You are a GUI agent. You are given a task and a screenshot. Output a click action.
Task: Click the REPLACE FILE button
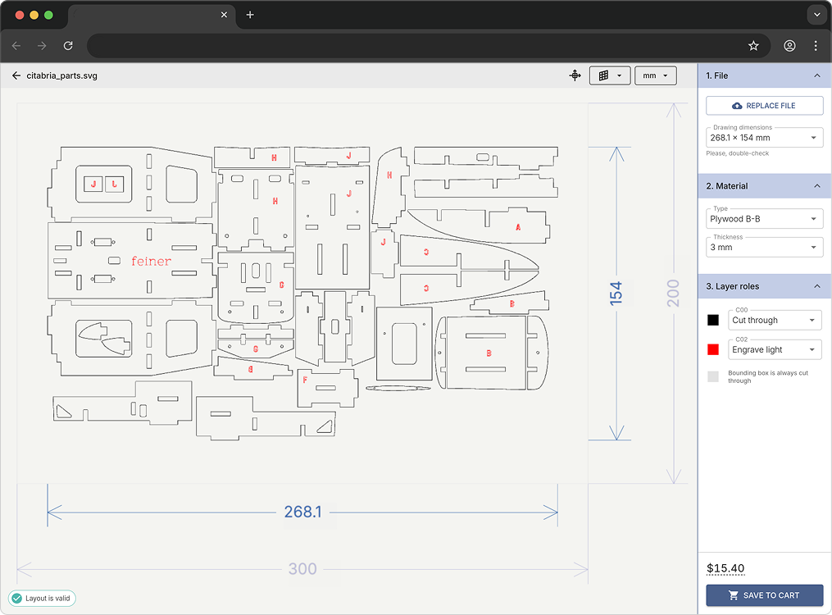(x=764, y=106)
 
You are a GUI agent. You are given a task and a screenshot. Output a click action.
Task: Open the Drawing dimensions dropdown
(x=764, y=138)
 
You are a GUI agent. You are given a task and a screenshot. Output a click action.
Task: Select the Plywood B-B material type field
(x=764, y=219)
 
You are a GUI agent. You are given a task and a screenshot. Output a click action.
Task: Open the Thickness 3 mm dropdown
(x=764, y=247)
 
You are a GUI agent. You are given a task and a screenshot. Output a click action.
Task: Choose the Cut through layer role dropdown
(x=775, y=321)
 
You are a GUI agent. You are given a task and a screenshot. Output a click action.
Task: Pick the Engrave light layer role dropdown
(x=775, y=350)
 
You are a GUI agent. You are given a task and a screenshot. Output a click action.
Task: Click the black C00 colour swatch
(x=713, y=321)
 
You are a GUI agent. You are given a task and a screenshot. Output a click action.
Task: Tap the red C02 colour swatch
(x=713, y=350)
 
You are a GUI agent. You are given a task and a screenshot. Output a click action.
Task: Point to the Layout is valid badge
(x=42, y=599)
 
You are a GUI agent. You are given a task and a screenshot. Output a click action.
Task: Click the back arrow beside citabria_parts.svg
(x=16, y=75)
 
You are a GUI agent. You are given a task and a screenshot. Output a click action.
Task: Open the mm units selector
(x=655, y=75)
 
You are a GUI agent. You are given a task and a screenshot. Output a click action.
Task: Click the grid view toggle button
(x=609, y=75)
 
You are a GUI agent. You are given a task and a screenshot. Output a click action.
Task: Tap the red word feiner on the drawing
(x=152, y=262)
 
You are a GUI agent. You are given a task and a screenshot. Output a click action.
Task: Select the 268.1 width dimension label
(x=302, y=512)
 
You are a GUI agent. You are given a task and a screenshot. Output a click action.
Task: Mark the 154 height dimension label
(x=616, y=294)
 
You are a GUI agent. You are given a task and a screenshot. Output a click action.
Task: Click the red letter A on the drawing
(x=518, y=228)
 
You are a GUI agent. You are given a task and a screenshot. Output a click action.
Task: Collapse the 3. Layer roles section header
(x=764, y=286)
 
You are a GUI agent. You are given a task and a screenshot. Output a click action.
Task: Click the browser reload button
(x=68, y=46)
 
